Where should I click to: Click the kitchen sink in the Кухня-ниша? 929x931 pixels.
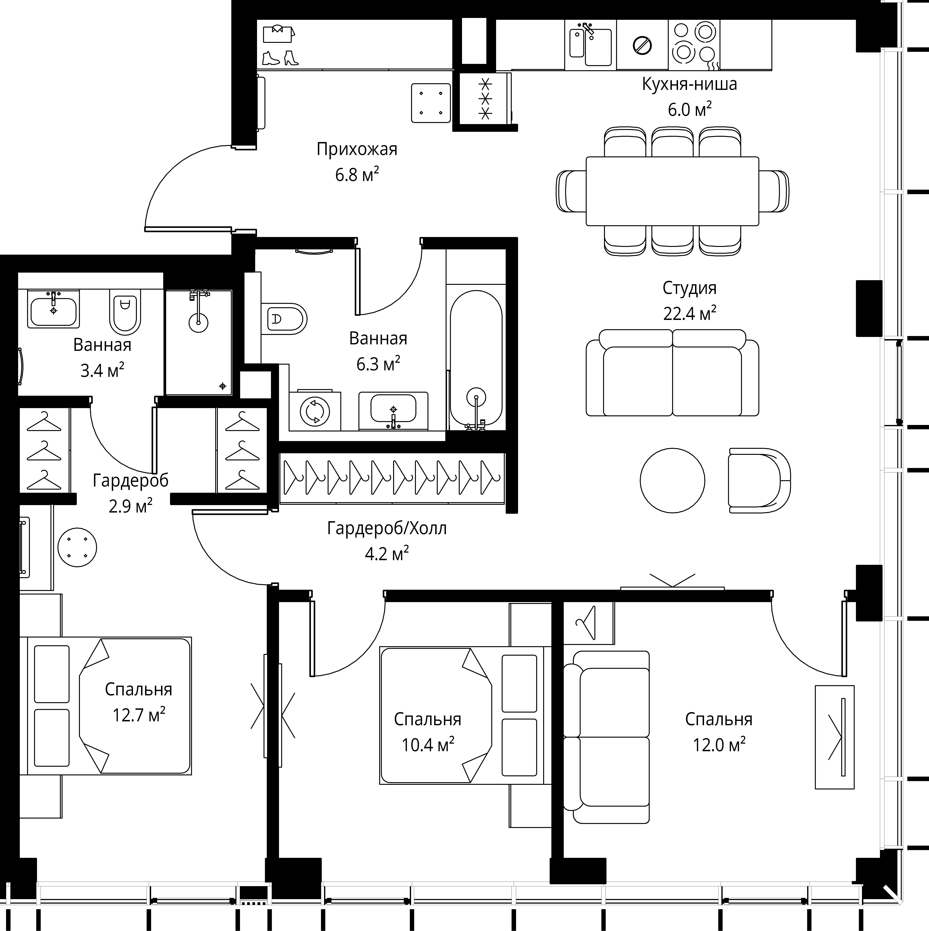point(590,46)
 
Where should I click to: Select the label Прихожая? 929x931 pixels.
point(357,149)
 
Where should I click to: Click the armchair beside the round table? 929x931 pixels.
point(759,481)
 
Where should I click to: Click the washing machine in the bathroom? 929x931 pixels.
point(314,411)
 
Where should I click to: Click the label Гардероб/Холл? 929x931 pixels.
point(387,528)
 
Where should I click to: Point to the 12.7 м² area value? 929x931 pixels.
point(139,715)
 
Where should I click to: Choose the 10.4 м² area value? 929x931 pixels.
point(428,745)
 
